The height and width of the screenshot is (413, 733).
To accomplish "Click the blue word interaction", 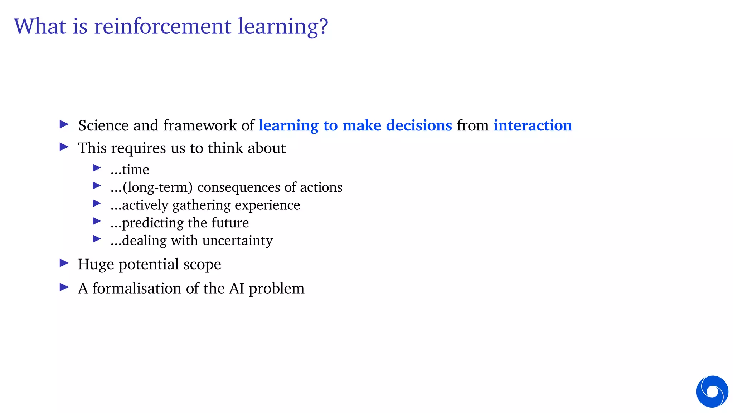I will (x=533, y=125).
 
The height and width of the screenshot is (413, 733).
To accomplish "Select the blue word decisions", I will (x=419, y=125).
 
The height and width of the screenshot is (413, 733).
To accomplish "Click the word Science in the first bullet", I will (x=103, y=125).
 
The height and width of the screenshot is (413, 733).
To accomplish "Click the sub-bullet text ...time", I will (x=130, y=170).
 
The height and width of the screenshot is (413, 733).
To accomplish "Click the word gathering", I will (x=202, y=205).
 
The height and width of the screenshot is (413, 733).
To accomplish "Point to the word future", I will (x=230, y=223).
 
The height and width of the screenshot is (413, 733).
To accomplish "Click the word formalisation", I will (x=137, y=288).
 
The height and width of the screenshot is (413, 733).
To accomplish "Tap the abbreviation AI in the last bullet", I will (x=237, y=288).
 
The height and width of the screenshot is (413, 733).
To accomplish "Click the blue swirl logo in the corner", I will (x=712, y=391).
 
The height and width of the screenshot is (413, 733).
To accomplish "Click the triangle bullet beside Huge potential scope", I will (x=64, y=263).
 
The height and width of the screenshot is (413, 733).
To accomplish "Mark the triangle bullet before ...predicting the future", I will (x=97, y=221).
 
